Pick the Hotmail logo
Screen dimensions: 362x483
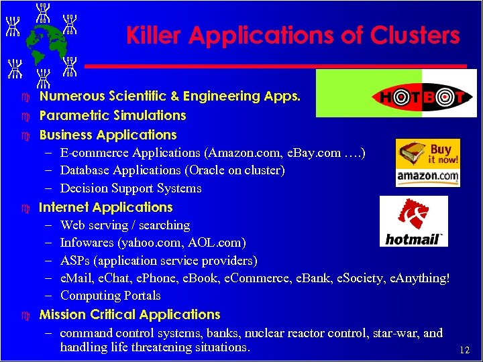tap(413, 221)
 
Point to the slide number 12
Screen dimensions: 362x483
tap(464, 350)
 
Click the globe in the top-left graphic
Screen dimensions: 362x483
tap(39, 42)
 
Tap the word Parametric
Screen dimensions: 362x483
tap(72, 116)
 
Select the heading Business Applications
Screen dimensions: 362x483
tap(108, 135)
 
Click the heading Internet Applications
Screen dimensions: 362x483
tap(106, 207)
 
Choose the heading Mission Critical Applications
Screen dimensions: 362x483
tap(130, 314)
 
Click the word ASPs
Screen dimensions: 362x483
tap(74, 260)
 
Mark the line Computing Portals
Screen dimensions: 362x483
tap(111, 296)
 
